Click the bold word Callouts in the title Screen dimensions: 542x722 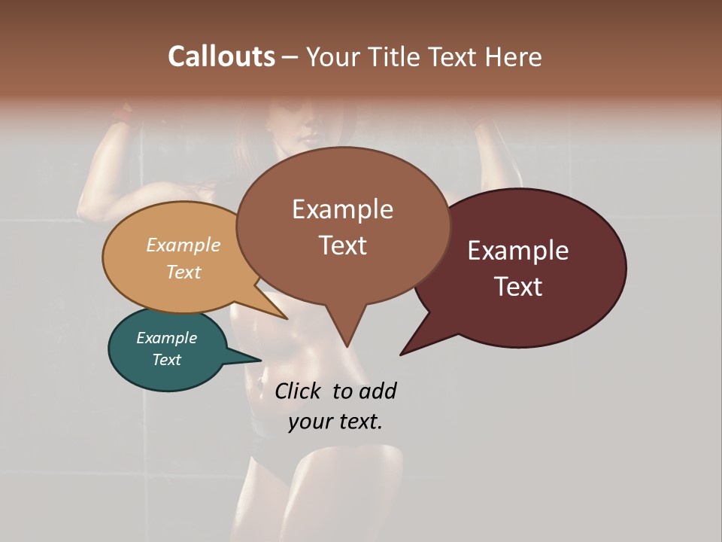(221, 56)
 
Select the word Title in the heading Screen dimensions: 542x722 (395, 56)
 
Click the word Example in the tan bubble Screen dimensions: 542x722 (184, 245)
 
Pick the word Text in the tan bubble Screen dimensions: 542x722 (184, 272)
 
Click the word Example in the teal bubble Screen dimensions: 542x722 (166, 338)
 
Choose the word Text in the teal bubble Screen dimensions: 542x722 (166, 360)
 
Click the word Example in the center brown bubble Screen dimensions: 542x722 (342, 209)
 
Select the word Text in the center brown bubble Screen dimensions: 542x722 (342, 245)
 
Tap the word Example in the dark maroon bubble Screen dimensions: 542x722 (518, 251)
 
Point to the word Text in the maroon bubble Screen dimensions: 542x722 (518, 287)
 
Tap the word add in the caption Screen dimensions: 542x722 (377, 391)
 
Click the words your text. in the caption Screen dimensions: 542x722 (335, 422)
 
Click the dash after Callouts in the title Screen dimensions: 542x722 (290, 57)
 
